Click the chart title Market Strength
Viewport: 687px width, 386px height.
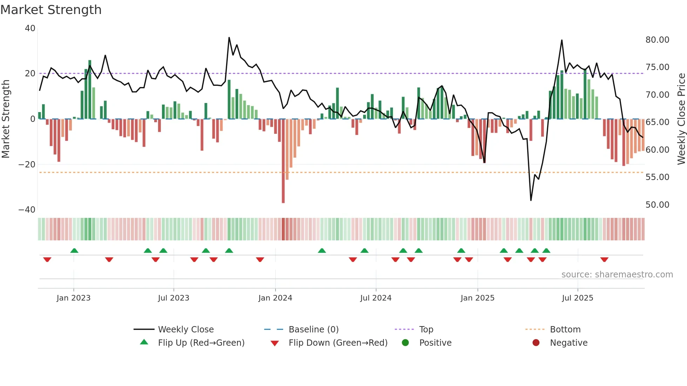51,10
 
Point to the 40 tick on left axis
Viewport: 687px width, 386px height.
30,28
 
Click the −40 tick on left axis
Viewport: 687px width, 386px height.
27,209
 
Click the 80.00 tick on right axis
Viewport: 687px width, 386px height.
657,40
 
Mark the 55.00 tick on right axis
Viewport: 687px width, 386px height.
657,177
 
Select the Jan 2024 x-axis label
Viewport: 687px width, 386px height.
275,298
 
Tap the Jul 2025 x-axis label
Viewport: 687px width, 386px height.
577,298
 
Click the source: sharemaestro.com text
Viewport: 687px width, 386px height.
617,274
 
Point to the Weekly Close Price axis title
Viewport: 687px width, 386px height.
681,119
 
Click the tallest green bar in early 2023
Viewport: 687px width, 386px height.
90,89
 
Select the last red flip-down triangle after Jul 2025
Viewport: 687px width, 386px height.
604,260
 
